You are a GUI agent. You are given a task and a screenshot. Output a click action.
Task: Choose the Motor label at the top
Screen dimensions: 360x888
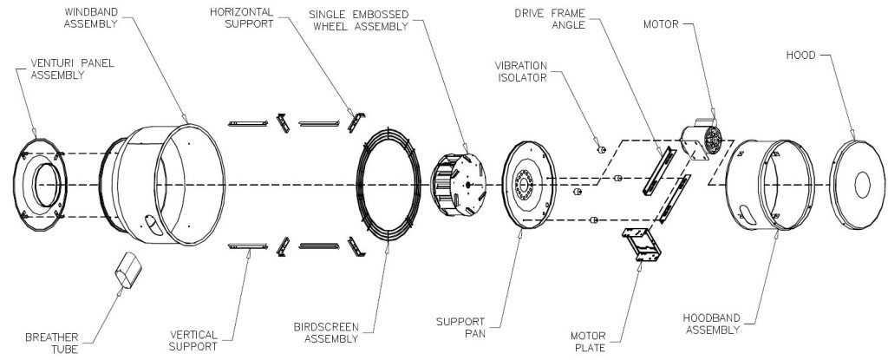pyautogui.click(x=662, y=24)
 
